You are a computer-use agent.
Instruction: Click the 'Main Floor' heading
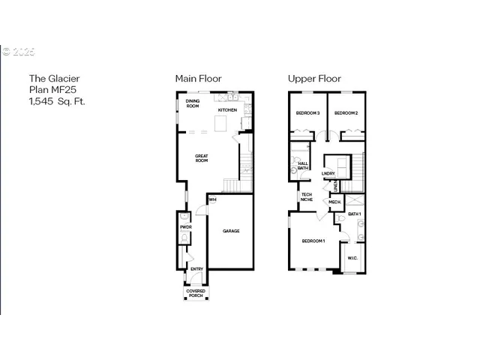[x=198, y=78]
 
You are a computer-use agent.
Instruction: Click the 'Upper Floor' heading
[x=315, y=78]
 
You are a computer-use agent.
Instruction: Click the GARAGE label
[x=231, y=231]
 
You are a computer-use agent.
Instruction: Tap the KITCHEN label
[x=227, y=110]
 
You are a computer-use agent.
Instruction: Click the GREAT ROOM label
[x=202, y=158]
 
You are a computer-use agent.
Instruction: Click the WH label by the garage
[x=213, y=199]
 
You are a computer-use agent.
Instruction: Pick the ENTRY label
[x=196, y=269]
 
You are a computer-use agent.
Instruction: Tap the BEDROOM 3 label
[x=307, y=113]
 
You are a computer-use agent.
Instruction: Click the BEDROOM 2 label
[x=345, y=113]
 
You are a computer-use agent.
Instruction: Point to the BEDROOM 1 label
[x=313, y=241]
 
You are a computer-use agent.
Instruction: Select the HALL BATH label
[x=303, y=165]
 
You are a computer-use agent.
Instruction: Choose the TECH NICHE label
[x=307, y=197]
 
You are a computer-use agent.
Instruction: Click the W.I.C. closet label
[x=352, y=259]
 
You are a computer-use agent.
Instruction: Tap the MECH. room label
[x=334, y=202]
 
